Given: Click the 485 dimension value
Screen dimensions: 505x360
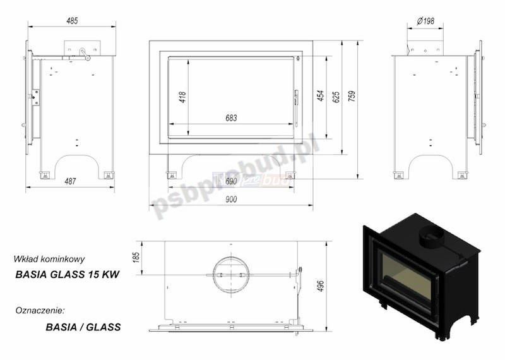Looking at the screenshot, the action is (72, 21).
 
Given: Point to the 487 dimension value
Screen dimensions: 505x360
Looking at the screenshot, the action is (70, 181).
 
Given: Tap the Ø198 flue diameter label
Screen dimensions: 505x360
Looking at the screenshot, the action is (425, 21).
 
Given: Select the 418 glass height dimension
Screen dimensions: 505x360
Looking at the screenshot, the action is (182, 97).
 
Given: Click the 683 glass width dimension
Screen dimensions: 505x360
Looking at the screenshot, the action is (231, 118).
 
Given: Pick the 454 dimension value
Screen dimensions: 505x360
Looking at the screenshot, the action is (321, 95).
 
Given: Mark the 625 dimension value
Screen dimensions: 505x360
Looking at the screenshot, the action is (336, 97).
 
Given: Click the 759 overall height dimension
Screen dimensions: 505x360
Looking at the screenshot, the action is (352, 97).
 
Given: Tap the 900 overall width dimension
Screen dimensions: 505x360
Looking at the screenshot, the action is (231, 200).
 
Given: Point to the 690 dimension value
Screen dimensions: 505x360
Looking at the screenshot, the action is (231, 182).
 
